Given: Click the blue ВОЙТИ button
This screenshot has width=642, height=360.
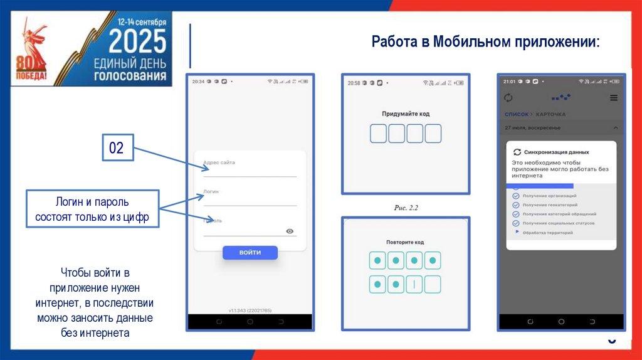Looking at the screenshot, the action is click(x=250, y=252).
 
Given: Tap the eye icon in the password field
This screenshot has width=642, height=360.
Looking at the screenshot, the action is click(x=290, y=231).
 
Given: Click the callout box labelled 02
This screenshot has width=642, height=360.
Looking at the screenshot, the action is click(x=117, y=148).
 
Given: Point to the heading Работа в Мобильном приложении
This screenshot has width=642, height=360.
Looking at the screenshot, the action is click(x=485, y=42).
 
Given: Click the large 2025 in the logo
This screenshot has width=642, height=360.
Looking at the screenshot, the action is click(x=137, y=42).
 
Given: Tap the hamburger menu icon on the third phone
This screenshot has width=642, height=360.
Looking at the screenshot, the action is click(x=614, y=98).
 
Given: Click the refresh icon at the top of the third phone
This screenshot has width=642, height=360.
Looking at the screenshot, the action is click(x=508, y=98).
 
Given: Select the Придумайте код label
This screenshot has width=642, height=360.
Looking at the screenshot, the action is click(x=406, y=114).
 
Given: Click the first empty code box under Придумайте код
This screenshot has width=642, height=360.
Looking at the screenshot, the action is click(x=378, y=134).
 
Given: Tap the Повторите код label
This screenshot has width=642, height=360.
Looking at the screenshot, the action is click(x=405, y=242).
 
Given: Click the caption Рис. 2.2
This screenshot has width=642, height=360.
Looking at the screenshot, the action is click(x=406, y=207).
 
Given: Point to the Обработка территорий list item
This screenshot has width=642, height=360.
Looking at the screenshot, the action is click(x=547, y=233).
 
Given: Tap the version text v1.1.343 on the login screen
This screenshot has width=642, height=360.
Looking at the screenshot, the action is click(x=250, y=310).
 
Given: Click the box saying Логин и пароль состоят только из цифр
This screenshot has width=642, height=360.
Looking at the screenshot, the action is click(x=92, y=209).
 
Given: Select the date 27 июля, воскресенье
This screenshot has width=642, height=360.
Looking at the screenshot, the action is click(x=533, y=128).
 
